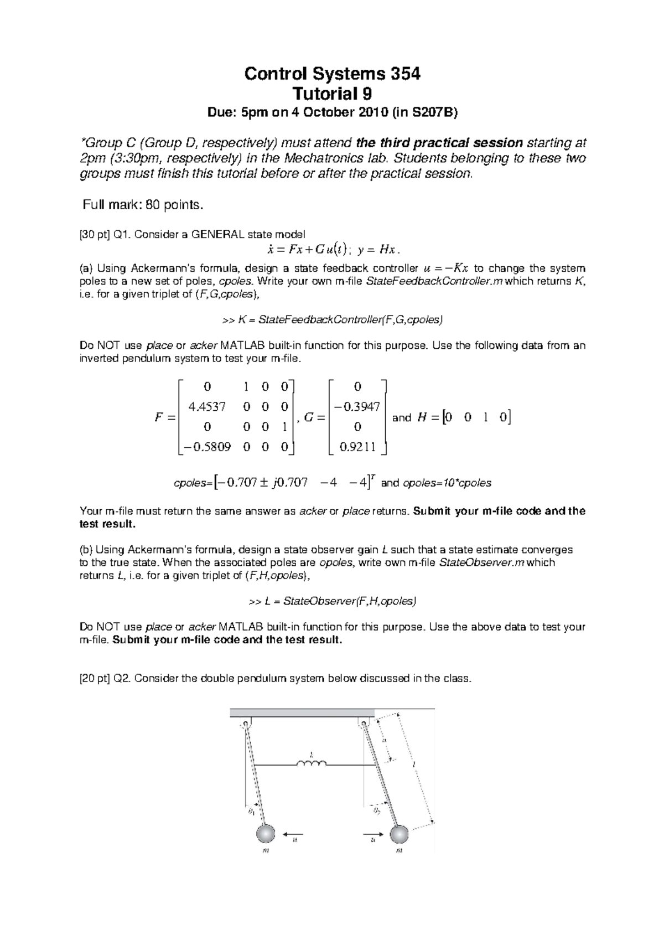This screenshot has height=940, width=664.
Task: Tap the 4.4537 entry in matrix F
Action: coord(207,407)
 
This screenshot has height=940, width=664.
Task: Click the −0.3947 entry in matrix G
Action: coord(357,407)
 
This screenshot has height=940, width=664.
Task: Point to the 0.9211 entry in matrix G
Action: coord(357,447)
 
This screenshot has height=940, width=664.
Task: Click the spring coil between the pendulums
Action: coord(312,764)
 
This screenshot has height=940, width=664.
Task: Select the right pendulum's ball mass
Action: coord(399,834)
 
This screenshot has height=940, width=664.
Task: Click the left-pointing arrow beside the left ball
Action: coord(293,833)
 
